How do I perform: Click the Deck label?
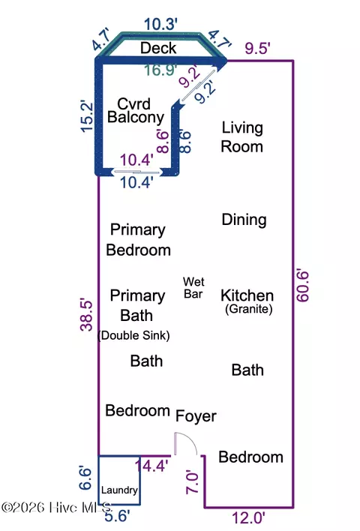(x=158, y=48)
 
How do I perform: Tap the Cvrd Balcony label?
(x=136, y=111)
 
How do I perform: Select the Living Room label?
(x=241, y=137)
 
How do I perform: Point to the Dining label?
(x=244, y=220)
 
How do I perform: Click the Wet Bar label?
(x=193, y=288)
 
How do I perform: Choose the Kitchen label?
(x=247, y=295)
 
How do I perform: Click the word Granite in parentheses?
(x=248, y=309)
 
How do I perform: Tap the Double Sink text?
(x=133, y=335)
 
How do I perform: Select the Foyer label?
(x=196, y=416)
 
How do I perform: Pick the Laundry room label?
(x=119, y=490)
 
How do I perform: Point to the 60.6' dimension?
(x=303, y=286)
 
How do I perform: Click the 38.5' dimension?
(x=87, y=314)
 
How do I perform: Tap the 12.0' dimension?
(x=248, y=518)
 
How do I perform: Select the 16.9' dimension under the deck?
(x=160, y=70)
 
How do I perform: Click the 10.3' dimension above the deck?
(x=160, y=25)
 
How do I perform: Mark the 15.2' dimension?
(x=87, y=115)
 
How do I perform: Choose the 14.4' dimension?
(x=151, y=466)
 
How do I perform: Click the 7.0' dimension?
(x=192, y=481)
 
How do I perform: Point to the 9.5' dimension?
(x=257, y=48)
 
